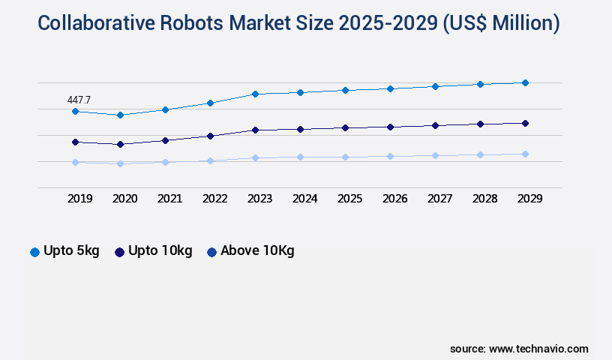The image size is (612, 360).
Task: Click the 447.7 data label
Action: pos(79,99)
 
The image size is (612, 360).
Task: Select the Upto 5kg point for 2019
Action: pos(75,111)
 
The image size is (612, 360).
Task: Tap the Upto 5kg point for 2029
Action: pos(525,82)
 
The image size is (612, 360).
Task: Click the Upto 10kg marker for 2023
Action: pos(255,130)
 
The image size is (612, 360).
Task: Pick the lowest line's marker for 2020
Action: pos(120,163)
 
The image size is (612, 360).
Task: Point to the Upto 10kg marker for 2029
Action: pos(525,123)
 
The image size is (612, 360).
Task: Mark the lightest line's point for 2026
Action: pos(390,156)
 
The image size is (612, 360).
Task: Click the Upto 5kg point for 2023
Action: pos(255,94)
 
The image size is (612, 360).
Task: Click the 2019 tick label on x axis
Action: pos(79,199)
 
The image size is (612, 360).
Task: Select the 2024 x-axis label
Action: pos(304,199)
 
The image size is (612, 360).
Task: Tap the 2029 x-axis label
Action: pos(529,199)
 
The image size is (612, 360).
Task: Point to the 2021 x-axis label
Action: pos(169,199)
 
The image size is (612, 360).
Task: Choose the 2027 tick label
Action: pos(439,199)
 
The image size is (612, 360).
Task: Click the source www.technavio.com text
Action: pos(519,349)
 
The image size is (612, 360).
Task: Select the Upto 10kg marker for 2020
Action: pos(120,144)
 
